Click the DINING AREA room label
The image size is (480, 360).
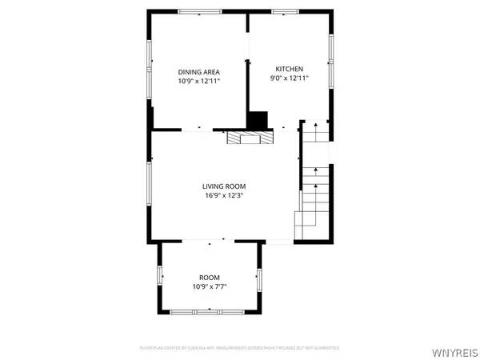(198, 70)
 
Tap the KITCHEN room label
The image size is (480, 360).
(290, 68)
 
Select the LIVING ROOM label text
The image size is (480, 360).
(223, 186)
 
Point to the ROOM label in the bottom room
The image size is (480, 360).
(210, 278)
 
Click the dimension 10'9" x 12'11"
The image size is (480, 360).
(198, 81)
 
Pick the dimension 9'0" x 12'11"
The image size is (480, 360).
(290, 78)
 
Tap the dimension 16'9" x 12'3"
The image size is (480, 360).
(223, 195)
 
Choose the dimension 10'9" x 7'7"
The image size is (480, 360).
(210, 287)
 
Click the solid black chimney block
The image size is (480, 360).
(258, 120)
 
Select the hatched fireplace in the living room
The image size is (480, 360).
(250, 138)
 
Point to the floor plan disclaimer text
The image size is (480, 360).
(240, 348)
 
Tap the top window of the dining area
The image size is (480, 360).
(200, 11)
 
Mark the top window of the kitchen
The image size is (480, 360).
(284, 11)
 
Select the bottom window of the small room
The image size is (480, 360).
(210, 310)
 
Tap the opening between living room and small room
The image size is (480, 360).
(210, 241)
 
